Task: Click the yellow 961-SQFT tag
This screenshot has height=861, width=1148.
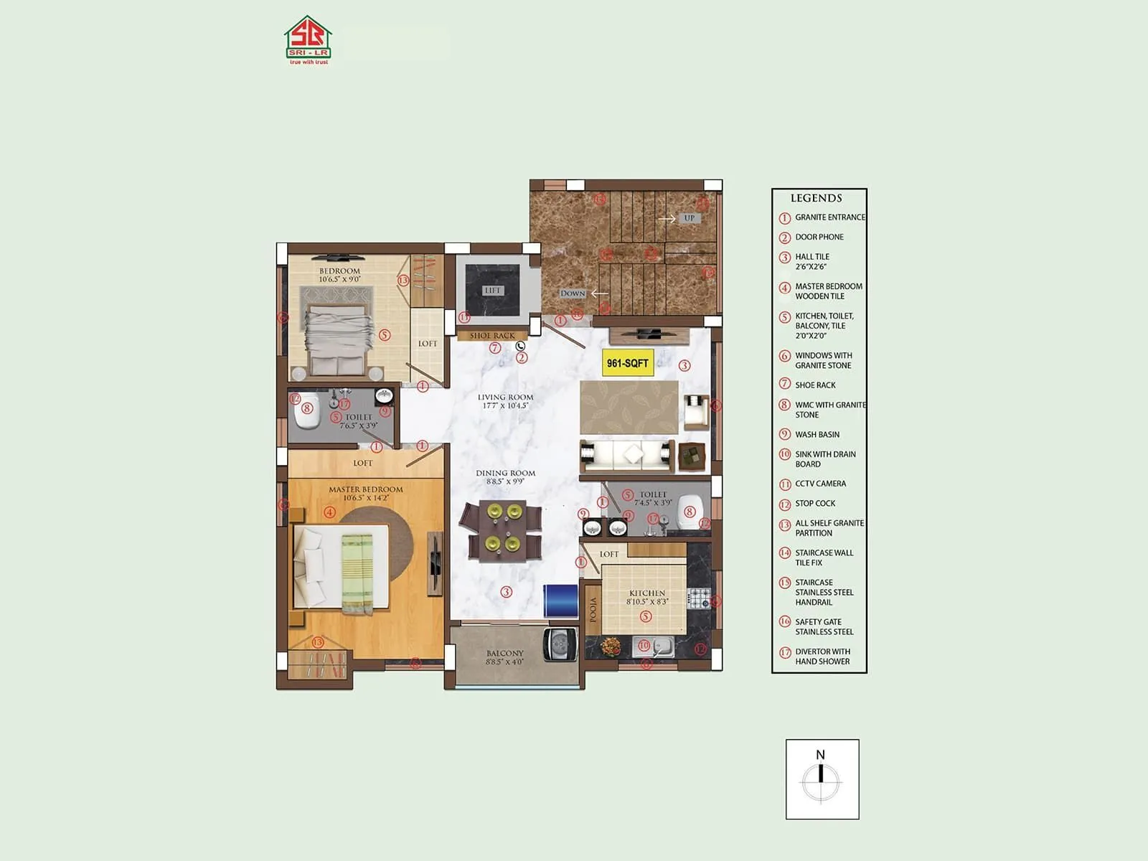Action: [627, 363]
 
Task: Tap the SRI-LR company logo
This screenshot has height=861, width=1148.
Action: [308, 40]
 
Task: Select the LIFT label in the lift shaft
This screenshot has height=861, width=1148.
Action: [493, 291]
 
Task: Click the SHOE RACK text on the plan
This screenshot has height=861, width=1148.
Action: [492, 336]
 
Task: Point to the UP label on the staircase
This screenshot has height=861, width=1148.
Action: [689, 218]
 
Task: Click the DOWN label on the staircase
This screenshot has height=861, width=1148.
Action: [573, 293]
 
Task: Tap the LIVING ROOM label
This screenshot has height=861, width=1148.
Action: [506, 397]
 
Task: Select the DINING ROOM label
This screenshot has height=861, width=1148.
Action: [506, 474]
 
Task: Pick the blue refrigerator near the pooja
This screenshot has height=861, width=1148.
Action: [560, 601]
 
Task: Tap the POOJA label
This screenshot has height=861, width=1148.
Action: [593, 610]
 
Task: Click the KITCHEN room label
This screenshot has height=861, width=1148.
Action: [647, 593]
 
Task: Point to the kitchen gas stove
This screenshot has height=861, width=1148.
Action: [698, 597]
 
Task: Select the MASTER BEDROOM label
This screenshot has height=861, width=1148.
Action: [366, 489]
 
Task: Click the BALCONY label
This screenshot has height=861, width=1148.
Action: [505, 654]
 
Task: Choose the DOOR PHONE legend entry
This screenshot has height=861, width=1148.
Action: [819, 237]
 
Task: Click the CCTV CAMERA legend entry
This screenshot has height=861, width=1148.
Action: [820, 484]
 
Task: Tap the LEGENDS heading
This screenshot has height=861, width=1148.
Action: [816, 198]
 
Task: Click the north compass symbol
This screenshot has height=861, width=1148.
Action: [822, 780]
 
